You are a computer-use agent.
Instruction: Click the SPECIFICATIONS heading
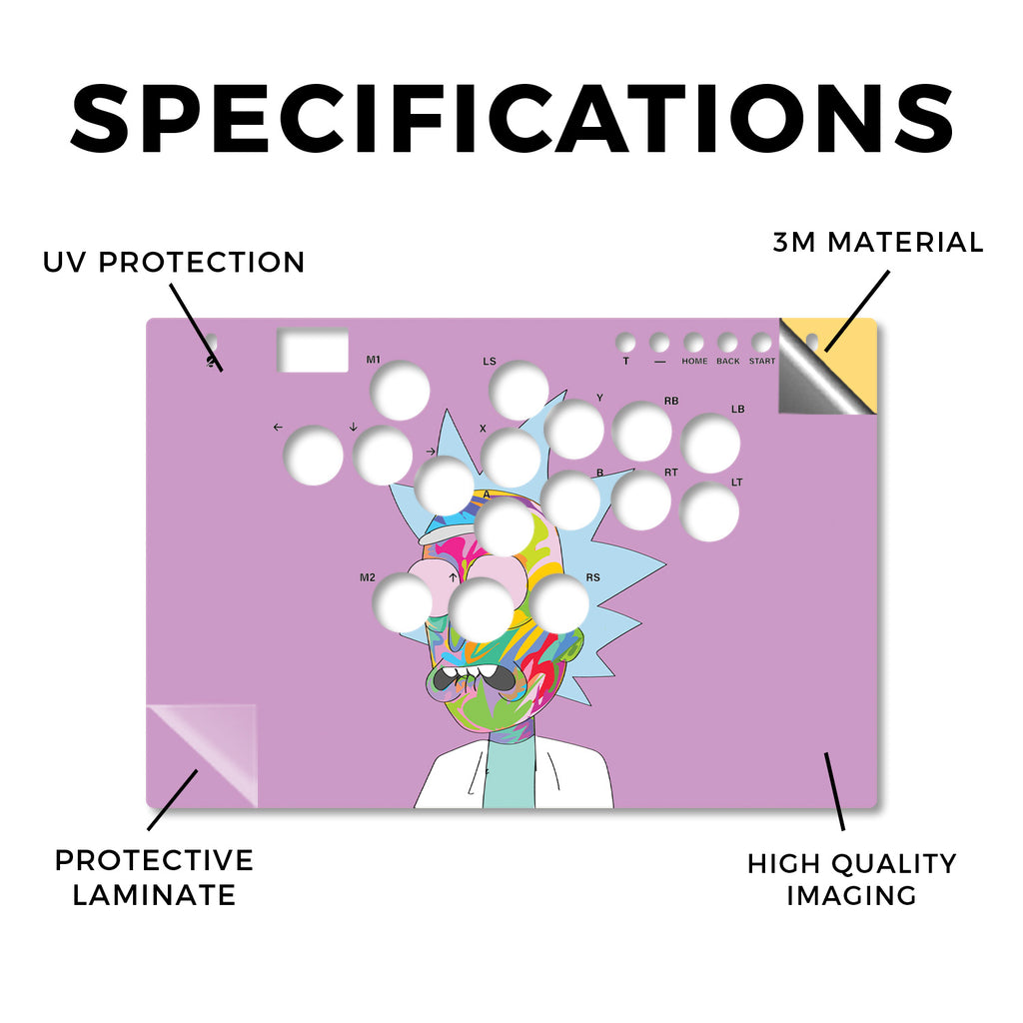pyautogui.click(x=512, y=119)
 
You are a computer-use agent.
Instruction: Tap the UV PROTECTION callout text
pyautogui.click(x=174, y=263)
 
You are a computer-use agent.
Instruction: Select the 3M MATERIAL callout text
pyautogui.click(x=877, y=243)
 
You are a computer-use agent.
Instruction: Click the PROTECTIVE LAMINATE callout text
pyautogui.click(x=154, y=877)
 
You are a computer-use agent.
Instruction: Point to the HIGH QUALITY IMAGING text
pyautogui.click(x=851, y=879)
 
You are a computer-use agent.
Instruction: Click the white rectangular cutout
pyautogui.click(x=313, y=351)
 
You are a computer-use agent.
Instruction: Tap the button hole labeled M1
pyautogui.click(x=400, y=391)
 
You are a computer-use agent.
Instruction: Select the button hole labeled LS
pyautogui.click(x=518, y=391)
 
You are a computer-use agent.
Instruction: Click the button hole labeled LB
pyautogui.click(x=710, y=444)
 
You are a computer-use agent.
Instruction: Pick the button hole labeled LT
pyautogui.click(x=709, y=511)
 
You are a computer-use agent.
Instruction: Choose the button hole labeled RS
pyautogui.click(x=559, y=604)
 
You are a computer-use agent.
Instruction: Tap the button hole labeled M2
pyautogui.click(x=403, y=602)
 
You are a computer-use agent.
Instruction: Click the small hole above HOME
pyautogui.click(x=693, y=343)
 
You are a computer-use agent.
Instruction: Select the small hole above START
pyautogui.click(x=761, y=343)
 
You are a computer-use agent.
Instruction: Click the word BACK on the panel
pyautogui.click(x=728, y=361)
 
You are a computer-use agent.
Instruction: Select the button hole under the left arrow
pyautogui.click(x=313, y=456)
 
